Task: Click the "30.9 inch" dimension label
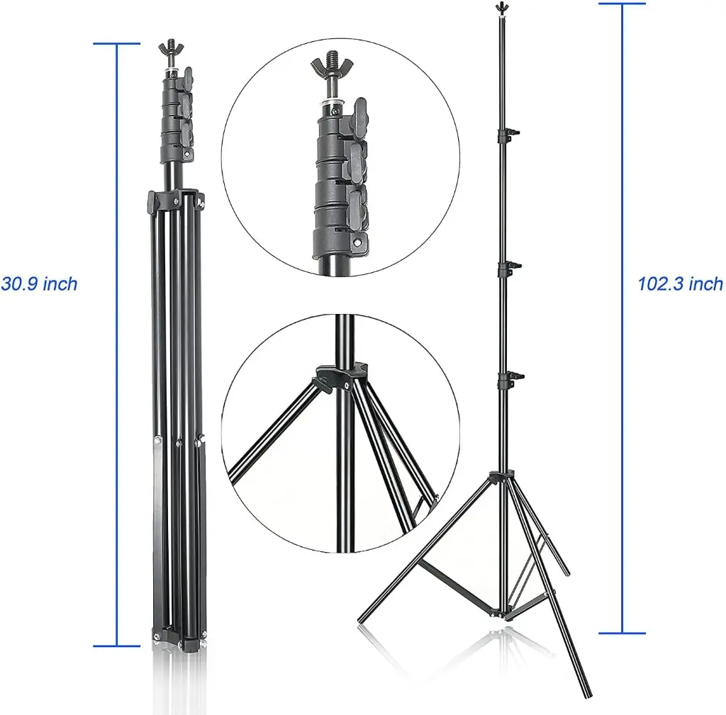pyautogui.click(x=39, y=284)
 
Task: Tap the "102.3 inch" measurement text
pyautogui.click(x=680, y=284)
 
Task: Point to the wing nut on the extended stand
pyautogui.click(x=502, y=7)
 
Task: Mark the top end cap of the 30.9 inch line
pyautogui.click(x=116, y=44)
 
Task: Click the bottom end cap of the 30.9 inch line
pyautogui.click(x=116, y=646)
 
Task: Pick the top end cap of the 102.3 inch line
pyautogui.click(x=622, y=4)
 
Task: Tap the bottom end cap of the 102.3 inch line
pyautogui.click(x=622, y=633)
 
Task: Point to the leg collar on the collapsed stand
pyautogui.click(x=175, y=201)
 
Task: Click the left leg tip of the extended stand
pyautogui.click(x=361, y=619)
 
